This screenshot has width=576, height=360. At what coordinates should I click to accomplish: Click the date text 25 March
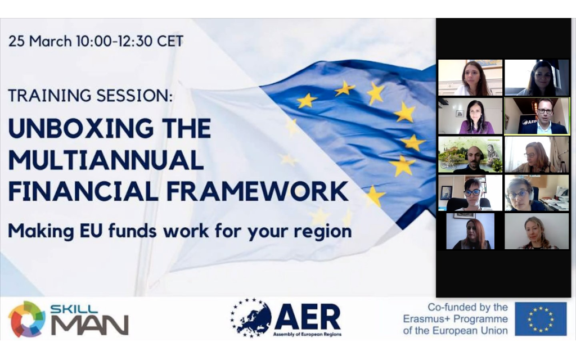tap(40, 41)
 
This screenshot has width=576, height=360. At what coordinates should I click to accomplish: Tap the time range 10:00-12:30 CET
tap(130, 41)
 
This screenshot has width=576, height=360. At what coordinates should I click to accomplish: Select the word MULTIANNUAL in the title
tap(106, 160)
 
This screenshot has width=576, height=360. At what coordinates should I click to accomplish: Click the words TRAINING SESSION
tap(90, 96)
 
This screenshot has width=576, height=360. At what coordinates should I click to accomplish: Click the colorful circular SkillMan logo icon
tap(26, 319)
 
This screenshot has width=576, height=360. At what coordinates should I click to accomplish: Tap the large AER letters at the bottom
tap(308, 317)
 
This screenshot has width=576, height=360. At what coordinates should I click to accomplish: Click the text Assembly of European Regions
tap(307, 334)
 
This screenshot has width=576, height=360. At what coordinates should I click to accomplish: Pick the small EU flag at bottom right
tap(541, 319)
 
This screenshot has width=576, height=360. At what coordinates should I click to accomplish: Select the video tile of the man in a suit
tap(537, 116)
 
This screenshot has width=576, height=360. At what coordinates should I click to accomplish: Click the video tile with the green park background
tap(470, 155)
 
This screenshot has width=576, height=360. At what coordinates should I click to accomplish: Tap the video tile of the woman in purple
tap(470, 116)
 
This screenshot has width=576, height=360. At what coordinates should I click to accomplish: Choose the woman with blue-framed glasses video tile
tap(470, 193)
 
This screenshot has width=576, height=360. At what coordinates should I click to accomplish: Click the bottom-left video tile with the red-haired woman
tap(470, 231)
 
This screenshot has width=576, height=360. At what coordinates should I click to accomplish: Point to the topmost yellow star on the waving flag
tap(345, 88)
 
